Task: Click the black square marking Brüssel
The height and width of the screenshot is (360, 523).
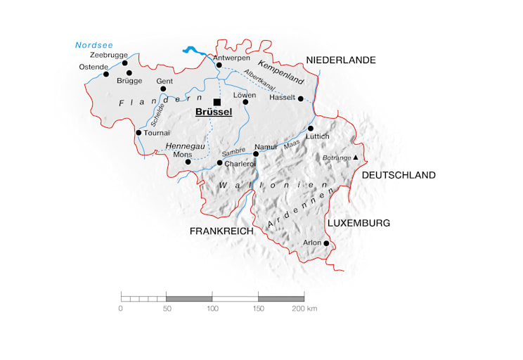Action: [217, 102]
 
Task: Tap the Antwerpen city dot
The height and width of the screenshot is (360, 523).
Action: [219, 65]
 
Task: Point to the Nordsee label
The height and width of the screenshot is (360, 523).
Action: [94, 46]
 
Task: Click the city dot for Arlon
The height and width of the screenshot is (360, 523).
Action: [326, 243]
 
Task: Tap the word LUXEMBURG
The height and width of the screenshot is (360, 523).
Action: [359, 223]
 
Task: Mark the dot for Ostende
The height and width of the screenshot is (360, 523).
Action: [106, 74]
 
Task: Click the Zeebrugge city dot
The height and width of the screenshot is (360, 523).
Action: [125, 63]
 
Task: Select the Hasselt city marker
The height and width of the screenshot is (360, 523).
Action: [301, 98]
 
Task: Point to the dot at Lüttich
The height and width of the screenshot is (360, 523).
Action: [310, 129]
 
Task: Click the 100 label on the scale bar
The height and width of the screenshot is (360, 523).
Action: [212, 308]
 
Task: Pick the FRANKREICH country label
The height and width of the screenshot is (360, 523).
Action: [221, 231]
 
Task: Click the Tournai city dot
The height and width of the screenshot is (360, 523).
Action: [138, 132]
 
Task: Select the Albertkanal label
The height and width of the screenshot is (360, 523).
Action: [259, 81]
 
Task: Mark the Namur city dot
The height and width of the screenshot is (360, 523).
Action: [256, 153]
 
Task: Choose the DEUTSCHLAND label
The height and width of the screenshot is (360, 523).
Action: [399, 175]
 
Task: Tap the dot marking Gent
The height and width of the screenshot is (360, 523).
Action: [163, 89]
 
